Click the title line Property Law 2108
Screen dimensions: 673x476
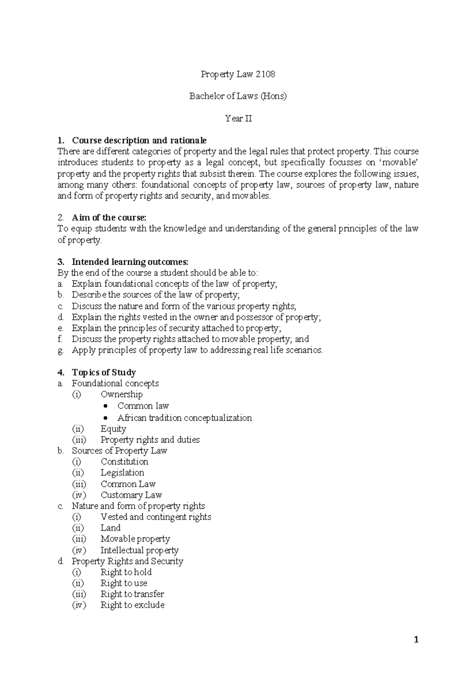click(238, 74)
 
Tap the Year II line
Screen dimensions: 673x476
click(238, 118)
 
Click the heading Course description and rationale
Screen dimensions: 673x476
click(139, 140)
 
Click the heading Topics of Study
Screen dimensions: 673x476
click(104, 372)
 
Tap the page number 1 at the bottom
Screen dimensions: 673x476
click(416, 639)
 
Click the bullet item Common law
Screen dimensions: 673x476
click(143, 406)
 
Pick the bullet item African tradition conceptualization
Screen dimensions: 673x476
click(184, 418)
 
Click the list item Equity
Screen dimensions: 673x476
click(113, 429)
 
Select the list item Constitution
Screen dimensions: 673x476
click(124, 461)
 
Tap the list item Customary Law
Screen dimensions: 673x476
click(131, 495)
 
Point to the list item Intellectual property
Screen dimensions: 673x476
click(139, 550)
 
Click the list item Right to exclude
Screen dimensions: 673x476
click(132, 605)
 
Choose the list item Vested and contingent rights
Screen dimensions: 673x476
click(155, 517)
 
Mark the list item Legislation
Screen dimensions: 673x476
click(122, 472)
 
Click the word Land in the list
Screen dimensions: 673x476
click(110, 528)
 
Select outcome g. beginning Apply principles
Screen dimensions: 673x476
click(197, 350)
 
